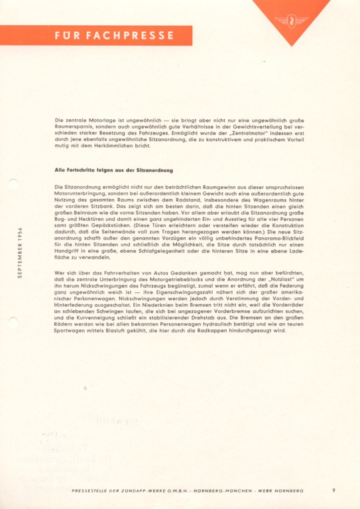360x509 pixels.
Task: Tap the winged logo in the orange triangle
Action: pos(290,19)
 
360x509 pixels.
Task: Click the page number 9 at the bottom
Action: pos(333,490)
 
